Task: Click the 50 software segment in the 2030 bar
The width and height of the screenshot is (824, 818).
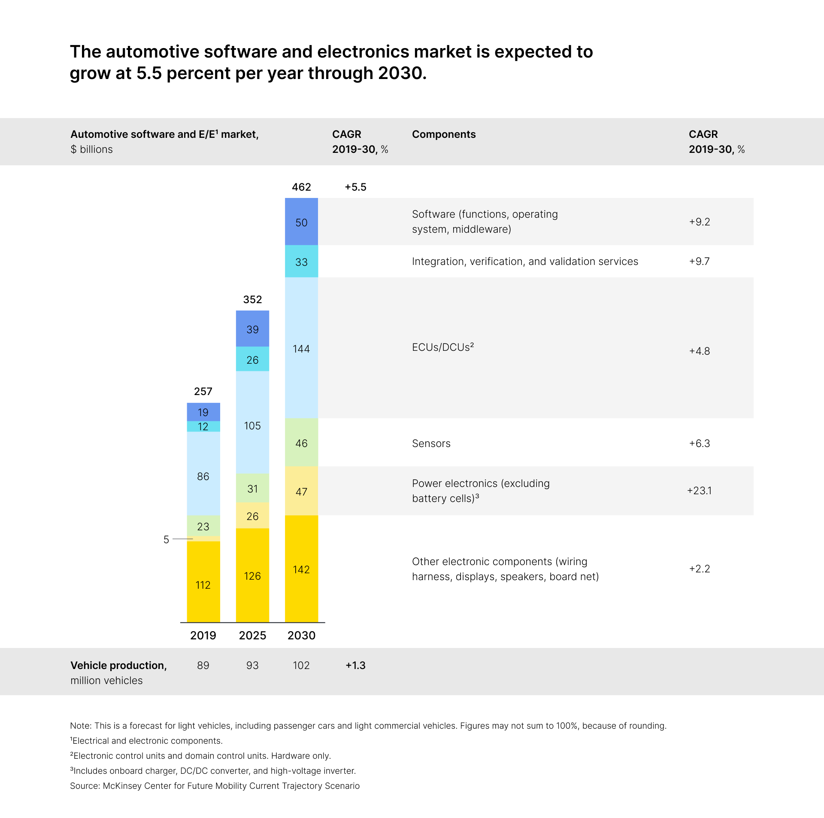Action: (x=301, y=222)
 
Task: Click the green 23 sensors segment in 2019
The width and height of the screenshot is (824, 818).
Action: (x=203, y=526)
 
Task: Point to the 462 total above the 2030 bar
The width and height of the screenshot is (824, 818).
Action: (x=301, y=187)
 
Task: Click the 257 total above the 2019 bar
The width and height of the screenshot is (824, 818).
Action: (x=203, y=391)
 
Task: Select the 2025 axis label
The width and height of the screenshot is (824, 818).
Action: (x=252, y=635)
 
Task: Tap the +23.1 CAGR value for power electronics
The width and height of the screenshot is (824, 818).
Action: (x=699, y=490)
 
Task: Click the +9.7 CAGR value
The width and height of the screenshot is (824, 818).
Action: (x=699, y=261)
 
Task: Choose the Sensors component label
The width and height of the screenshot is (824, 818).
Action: (x=431, y=443)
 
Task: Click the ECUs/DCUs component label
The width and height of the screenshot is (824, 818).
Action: (x=442, y=347)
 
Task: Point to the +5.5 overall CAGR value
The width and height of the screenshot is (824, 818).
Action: (x=355, y=187)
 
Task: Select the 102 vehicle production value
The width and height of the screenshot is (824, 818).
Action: (x=301, y=665)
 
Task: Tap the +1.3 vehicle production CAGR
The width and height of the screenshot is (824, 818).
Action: (x=355, y=665)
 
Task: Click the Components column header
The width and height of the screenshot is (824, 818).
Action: (x=443, y=134)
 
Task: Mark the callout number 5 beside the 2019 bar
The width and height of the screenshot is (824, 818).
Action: (x=166, y=539)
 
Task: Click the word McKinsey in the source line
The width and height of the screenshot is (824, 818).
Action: (x=122, y=785)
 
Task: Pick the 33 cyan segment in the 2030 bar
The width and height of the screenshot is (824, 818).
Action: (x=301, y=262)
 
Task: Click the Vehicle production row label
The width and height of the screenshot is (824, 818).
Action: (x=118, y=665)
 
